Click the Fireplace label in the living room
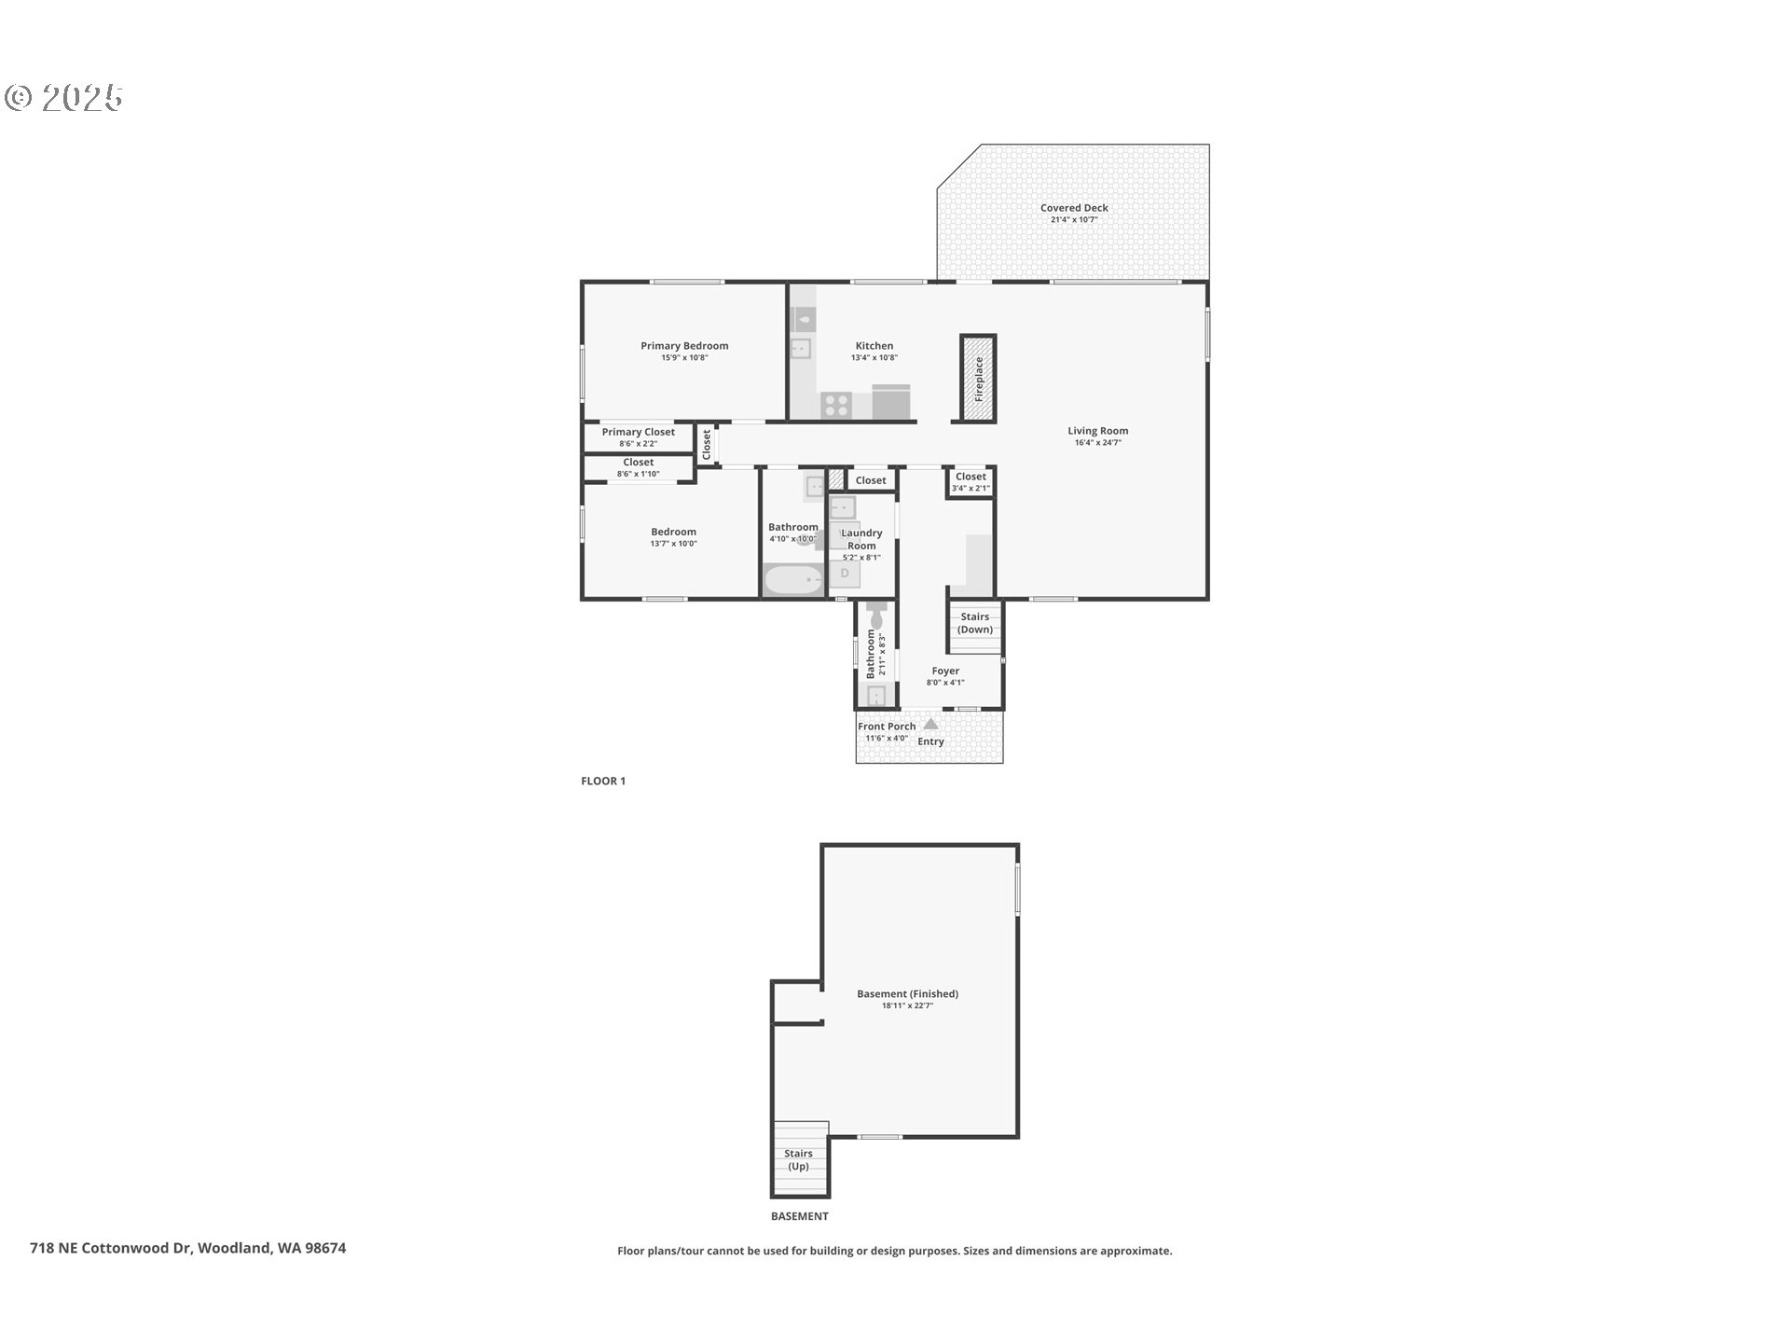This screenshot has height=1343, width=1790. click(979, 379)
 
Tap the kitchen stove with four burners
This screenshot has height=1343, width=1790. click(836, 406)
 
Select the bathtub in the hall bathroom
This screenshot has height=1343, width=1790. click(794, 580)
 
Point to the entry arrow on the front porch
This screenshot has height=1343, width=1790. click(930, 724)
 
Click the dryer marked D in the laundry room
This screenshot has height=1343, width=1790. click(845, 574)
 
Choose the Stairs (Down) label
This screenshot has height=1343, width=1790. click(975, 623)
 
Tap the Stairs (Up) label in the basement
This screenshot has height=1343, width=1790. click(799, 1159)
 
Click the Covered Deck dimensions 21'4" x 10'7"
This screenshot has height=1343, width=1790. click(1074, 220)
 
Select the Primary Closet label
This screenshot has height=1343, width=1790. click(639, 432)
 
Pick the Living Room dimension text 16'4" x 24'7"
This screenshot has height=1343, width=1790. click(1098, 443)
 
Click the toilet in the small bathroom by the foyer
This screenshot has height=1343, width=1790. click(876, 616)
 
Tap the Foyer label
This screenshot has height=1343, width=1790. click(945, 671)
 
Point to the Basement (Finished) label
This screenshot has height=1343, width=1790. click(907, 993)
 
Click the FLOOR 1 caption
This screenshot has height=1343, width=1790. click(603, 781)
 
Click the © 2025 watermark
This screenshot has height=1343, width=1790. click(64, 98)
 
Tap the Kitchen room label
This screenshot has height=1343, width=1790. click(874, 345)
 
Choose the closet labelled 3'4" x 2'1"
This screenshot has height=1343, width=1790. click(971, 482)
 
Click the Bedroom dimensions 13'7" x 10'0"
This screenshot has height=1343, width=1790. click(674, 544)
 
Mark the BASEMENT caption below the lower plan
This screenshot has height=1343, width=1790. click(799, 1216)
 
